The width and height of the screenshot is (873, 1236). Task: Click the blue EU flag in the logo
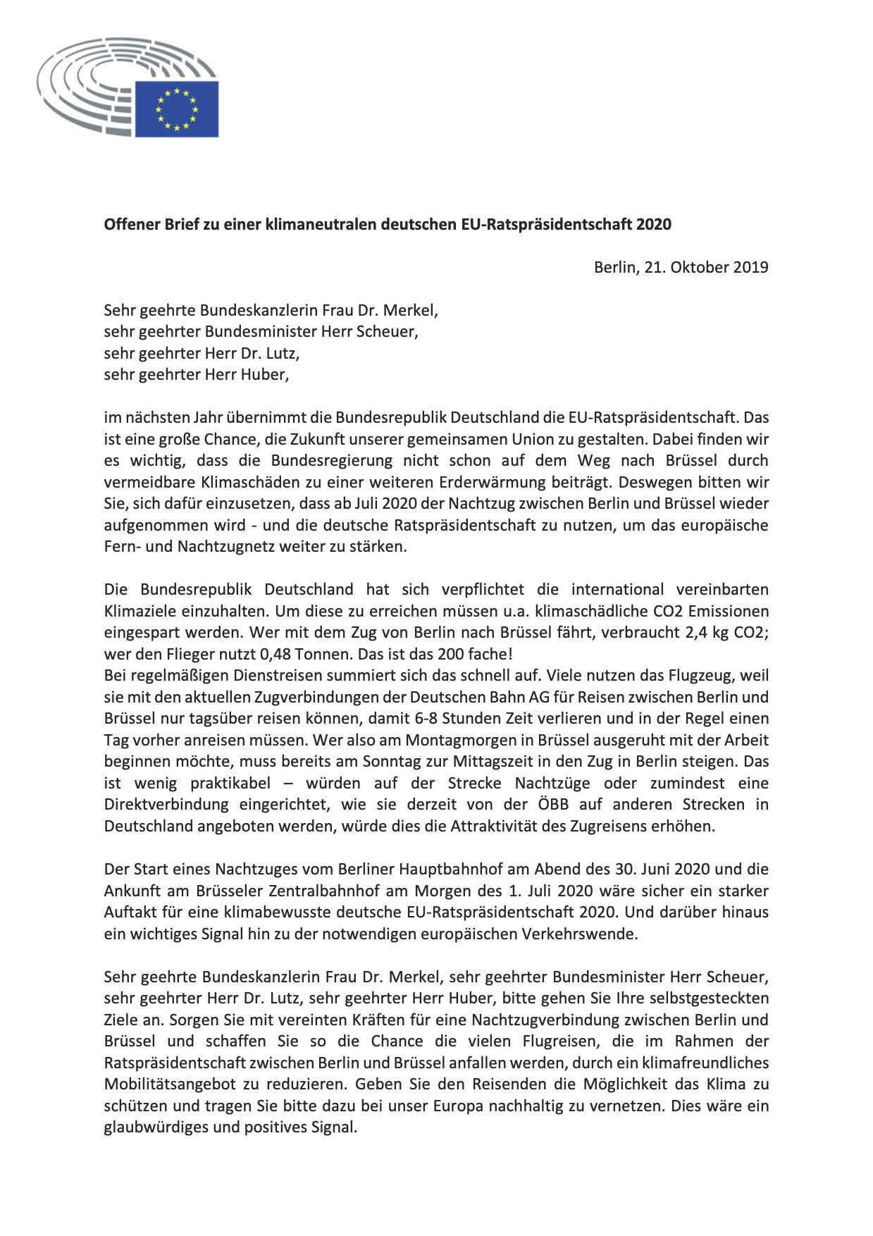click(x=177, y=109)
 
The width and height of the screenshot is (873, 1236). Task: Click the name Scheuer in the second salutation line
click(x=390, y=332)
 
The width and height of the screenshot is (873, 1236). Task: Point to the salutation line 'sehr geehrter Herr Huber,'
click(x=197, y=375)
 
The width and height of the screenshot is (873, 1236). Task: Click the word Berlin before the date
click(x=614, y=268)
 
